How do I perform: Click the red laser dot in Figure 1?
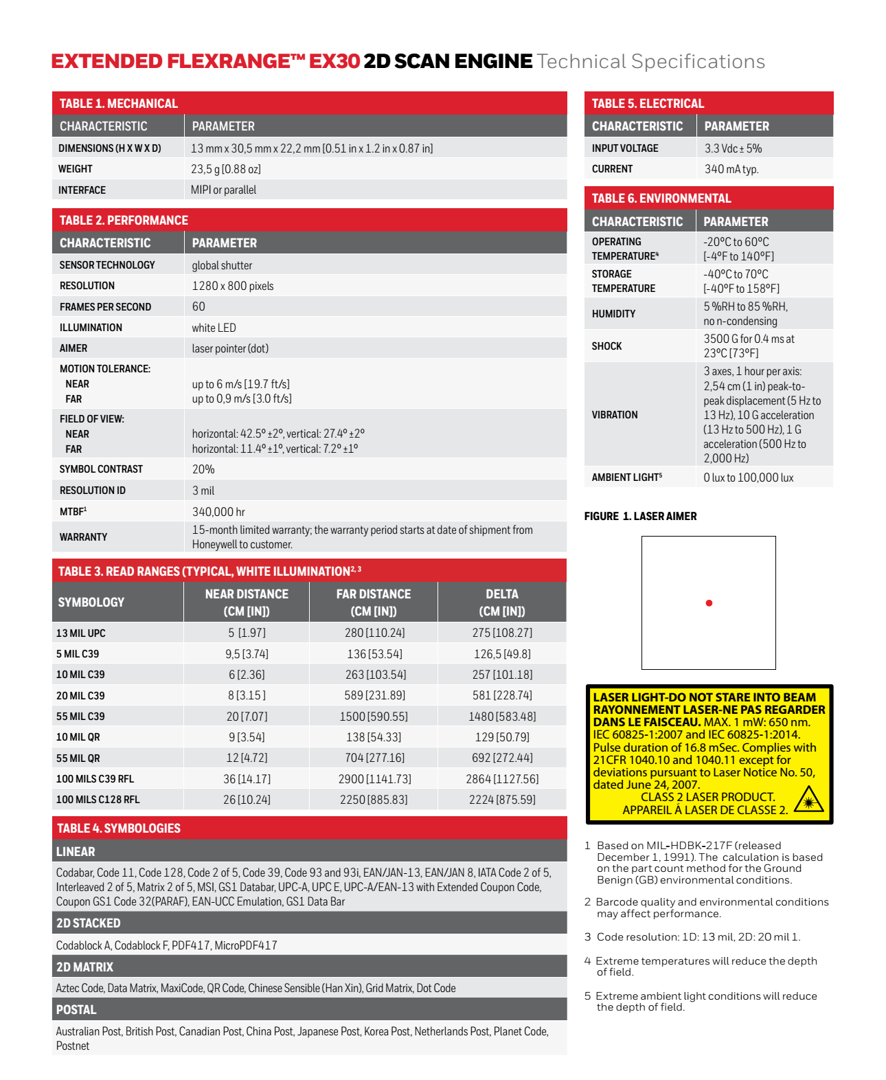coord(709,603)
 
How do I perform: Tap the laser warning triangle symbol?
coord(808,800)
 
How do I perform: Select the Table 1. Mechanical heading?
coord(119,104)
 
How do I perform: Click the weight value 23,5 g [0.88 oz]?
coord(226,169)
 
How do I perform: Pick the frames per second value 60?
coord(198,306)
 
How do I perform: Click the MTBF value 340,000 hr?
coord(218,512)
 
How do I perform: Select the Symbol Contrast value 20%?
coord(203,469)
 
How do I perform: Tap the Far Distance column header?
coord(374,603)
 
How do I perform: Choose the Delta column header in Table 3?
coord(502,603)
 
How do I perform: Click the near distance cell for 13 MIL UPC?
coord(247,633)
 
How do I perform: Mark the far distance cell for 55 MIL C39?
coord(374,717)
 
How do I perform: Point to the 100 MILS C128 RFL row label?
coord(98,800)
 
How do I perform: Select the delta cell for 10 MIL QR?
coord(502,737)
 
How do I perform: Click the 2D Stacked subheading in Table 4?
coord(89,923)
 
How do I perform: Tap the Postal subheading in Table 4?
coord(76,1010)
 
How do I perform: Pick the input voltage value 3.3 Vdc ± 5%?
coord(733,148)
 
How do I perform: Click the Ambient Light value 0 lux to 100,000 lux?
coord(748,477)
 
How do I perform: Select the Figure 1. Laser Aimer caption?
coord(640,517)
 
